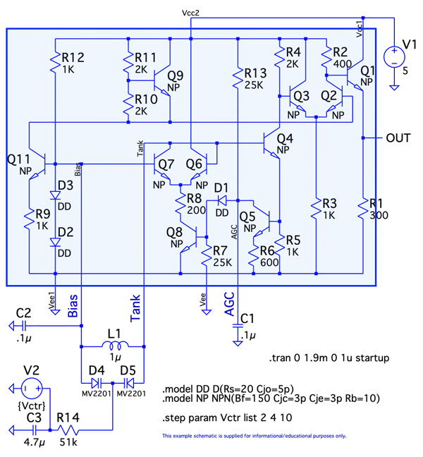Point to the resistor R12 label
73,57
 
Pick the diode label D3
66,185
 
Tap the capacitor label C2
23,312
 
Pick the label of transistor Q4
285,138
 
